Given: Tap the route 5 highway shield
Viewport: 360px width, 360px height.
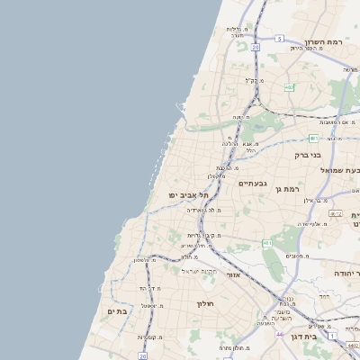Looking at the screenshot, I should pyautogui.click(x=280, y=38).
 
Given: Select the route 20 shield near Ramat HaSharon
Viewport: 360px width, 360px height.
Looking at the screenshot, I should pyautogui.click(x=256, y=47).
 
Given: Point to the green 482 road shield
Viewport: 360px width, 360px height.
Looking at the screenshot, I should pyautogui.click(x=289, y=87).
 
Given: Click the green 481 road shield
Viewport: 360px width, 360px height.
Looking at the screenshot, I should pyautogui.click(x=267, y=243).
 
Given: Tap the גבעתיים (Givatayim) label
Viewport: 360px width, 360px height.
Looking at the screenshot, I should pyautogui.click(x=251, y=183).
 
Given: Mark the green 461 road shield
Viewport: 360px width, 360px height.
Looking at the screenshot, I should pyautogui.click(x=313, y=139).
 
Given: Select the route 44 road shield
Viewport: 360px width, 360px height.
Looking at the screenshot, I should pyautogui.click(x=280, y=334).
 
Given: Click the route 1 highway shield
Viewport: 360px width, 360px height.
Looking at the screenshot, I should pyautogui.click(x=331, y=335).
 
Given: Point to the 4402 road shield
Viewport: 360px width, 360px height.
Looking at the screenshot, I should pyautogui.click(x=336, y=213).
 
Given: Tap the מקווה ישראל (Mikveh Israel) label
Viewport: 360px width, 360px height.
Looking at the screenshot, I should pyautogui.click(x=200, y=271).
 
